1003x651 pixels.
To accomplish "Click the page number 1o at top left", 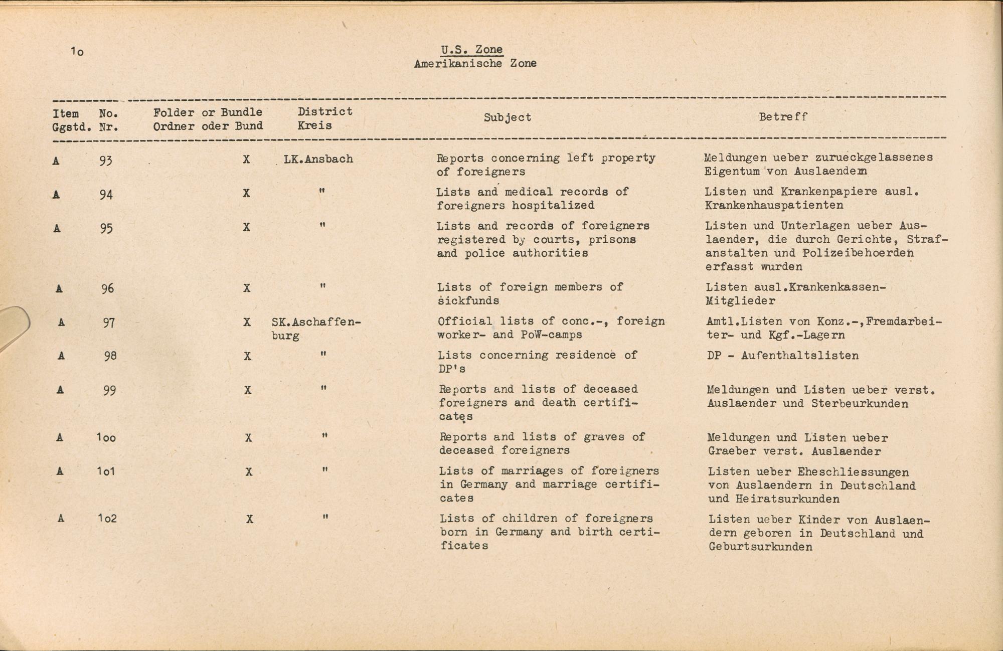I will [77, 51].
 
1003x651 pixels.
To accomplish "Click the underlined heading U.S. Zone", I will [472, 50].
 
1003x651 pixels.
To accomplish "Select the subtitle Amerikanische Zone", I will [475, 64].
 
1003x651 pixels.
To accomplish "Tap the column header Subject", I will [507, 117].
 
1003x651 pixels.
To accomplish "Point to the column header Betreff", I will [783, 117].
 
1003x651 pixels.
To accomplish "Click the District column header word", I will [325, 111].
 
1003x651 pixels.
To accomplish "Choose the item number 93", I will [105, 160].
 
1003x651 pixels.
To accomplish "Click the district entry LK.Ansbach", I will [318, 159].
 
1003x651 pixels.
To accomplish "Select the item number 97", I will [108, 322].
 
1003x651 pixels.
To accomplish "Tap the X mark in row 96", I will [247, 288].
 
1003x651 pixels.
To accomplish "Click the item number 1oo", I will [106, 438].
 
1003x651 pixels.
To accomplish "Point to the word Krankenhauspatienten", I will [774, 205].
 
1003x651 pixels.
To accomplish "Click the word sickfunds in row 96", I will [468, 301].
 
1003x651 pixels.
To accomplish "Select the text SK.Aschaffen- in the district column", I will [316, 322].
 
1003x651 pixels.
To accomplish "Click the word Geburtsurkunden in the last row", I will [760, 547].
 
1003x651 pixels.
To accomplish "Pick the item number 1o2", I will [107, 518].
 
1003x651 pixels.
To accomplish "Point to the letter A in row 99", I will [61, 390].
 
